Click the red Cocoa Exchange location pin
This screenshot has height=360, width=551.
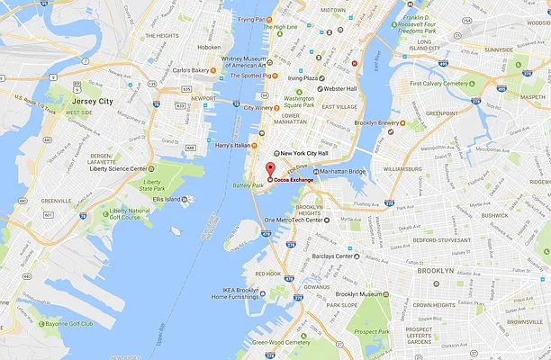coord(268,170)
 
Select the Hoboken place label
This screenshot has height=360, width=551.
coord(208,47)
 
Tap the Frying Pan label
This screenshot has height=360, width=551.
coord(252,19)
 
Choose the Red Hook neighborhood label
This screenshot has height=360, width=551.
coord(268,273)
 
